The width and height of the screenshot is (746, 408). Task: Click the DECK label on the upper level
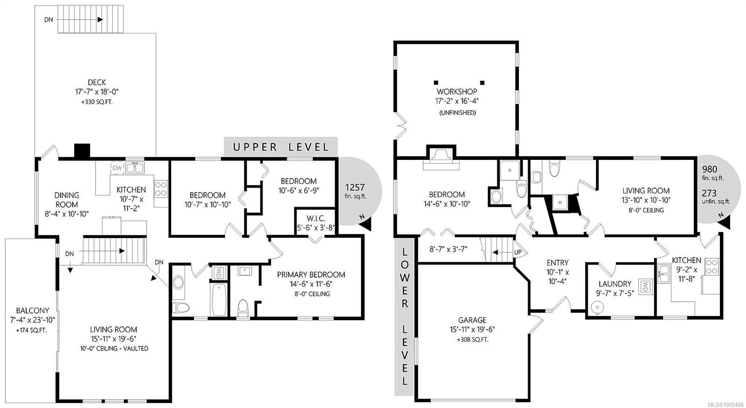(97, 82)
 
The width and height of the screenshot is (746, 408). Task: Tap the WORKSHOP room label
(457, 91)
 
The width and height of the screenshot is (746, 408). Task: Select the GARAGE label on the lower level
(472, 320)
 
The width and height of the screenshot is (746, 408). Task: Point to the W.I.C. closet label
(316, 219)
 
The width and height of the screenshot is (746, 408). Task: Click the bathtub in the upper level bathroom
(219, 299)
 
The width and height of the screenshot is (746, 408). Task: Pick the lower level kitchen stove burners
(711, 266)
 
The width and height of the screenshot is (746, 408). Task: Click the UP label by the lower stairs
(518, 252)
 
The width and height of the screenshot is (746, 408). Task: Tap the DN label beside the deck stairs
(48, 20)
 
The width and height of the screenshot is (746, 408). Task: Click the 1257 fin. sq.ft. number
(355, 187)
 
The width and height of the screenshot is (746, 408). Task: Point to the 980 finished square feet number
(710, 169)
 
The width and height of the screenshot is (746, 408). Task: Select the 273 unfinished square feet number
(709, 193)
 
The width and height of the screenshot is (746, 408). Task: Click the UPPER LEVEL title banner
(281, 146)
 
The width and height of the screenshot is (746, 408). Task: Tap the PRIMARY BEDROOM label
(311, 275)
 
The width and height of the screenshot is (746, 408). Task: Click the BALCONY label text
(33, 311)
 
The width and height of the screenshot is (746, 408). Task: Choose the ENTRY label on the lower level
(558, 263)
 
